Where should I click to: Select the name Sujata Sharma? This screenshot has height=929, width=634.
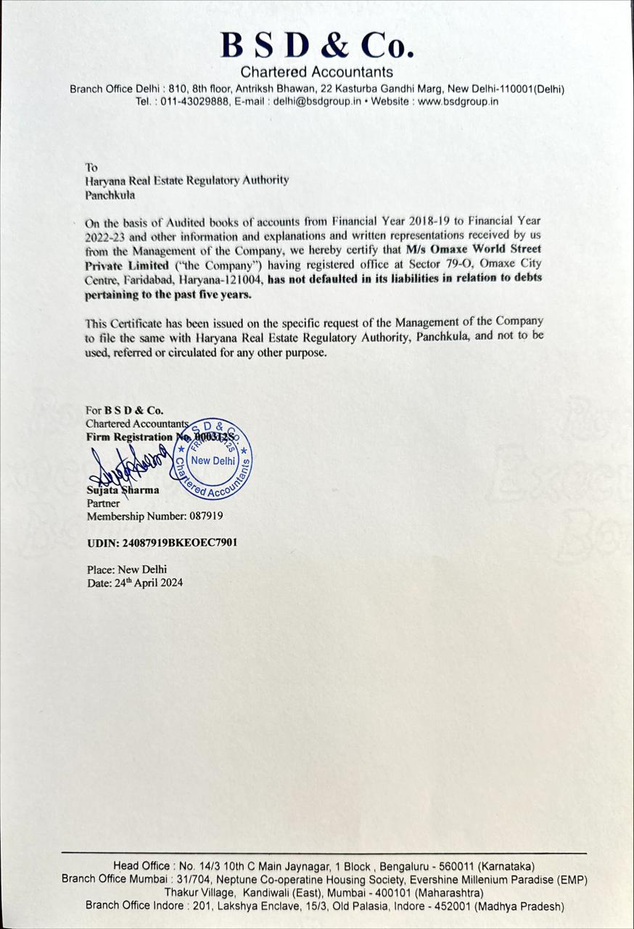tap(121, 490)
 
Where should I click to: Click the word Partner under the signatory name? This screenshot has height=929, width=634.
tap(103, 502)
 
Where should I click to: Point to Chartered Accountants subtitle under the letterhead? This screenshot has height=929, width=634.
tap(317, 72)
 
